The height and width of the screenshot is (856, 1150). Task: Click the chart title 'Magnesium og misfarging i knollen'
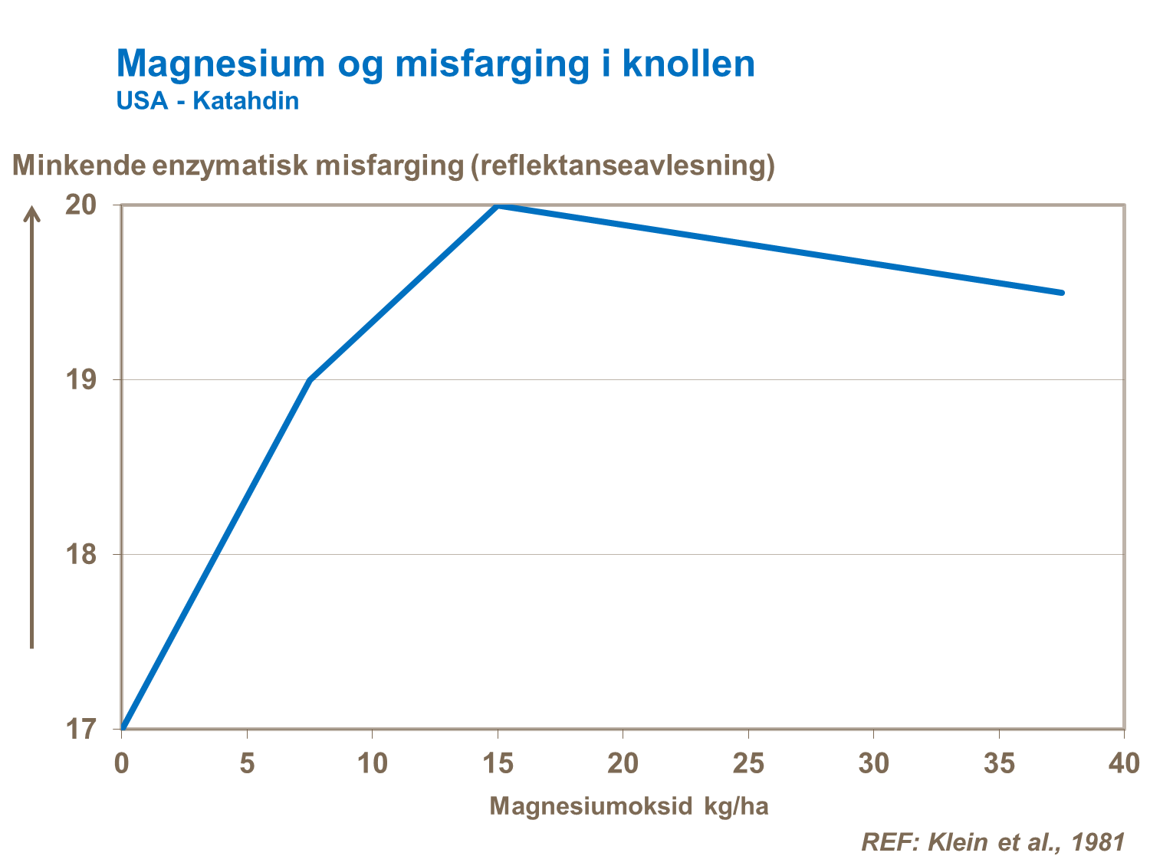coord(435,64)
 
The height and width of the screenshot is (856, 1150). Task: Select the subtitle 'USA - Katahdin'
coord(207,100)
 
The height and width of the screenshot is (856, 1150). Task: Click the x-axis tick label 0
coord(121,763)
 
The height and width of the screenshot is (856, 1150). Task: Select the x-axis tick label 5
coord(247,763)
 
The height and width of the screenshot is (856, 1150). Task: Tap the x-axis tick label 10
coord(372,763)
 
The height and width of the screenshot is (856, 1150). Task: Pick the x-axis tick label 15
coord(498,763)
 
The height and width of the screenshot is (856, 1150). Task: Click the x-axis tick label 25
coord(748,763)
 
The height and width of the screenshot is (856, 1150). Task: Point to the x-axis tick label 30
coord(873,763)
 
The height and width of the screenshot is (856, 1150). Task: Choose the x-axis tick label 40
coord(1124,763)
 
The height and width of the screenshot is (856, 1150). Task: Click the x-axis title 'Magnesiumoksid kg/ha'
coord(629,806)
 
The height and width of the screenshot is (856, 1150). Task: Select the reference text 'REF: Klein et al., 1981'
coord(993,841)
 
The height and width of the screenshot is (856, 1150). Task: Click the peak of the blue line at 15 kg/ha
coord(498,206)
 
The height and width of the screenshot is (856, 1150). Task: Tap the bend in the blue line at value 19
coord(310,380)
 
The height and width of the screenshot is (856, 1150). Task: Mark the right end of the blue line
coord(1061,293)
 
